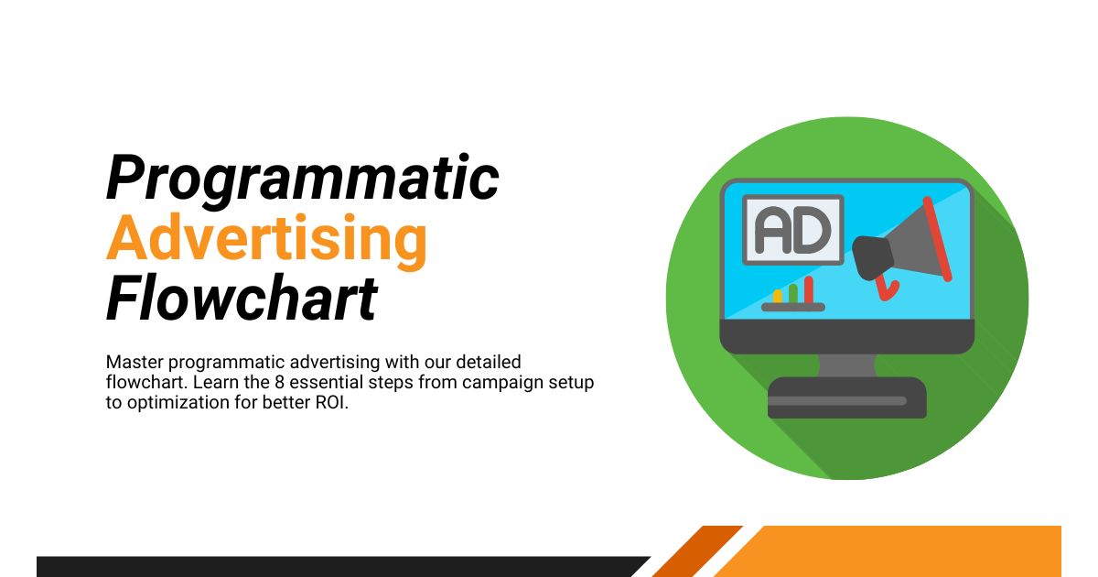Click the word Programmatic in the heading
(x=302, y=180)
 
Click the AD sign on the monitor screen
(x=792, y=230)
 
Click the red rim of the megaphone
(x=937, y=238)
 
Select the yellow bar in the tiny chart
(x=778, y=296)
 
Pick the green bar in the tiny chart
(x=793, y=293)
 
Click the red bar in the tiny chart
(x=809, y=289)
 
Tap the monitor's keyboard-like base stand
(x=846, y=398)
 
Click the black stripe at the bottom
(x=339, y=567)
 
